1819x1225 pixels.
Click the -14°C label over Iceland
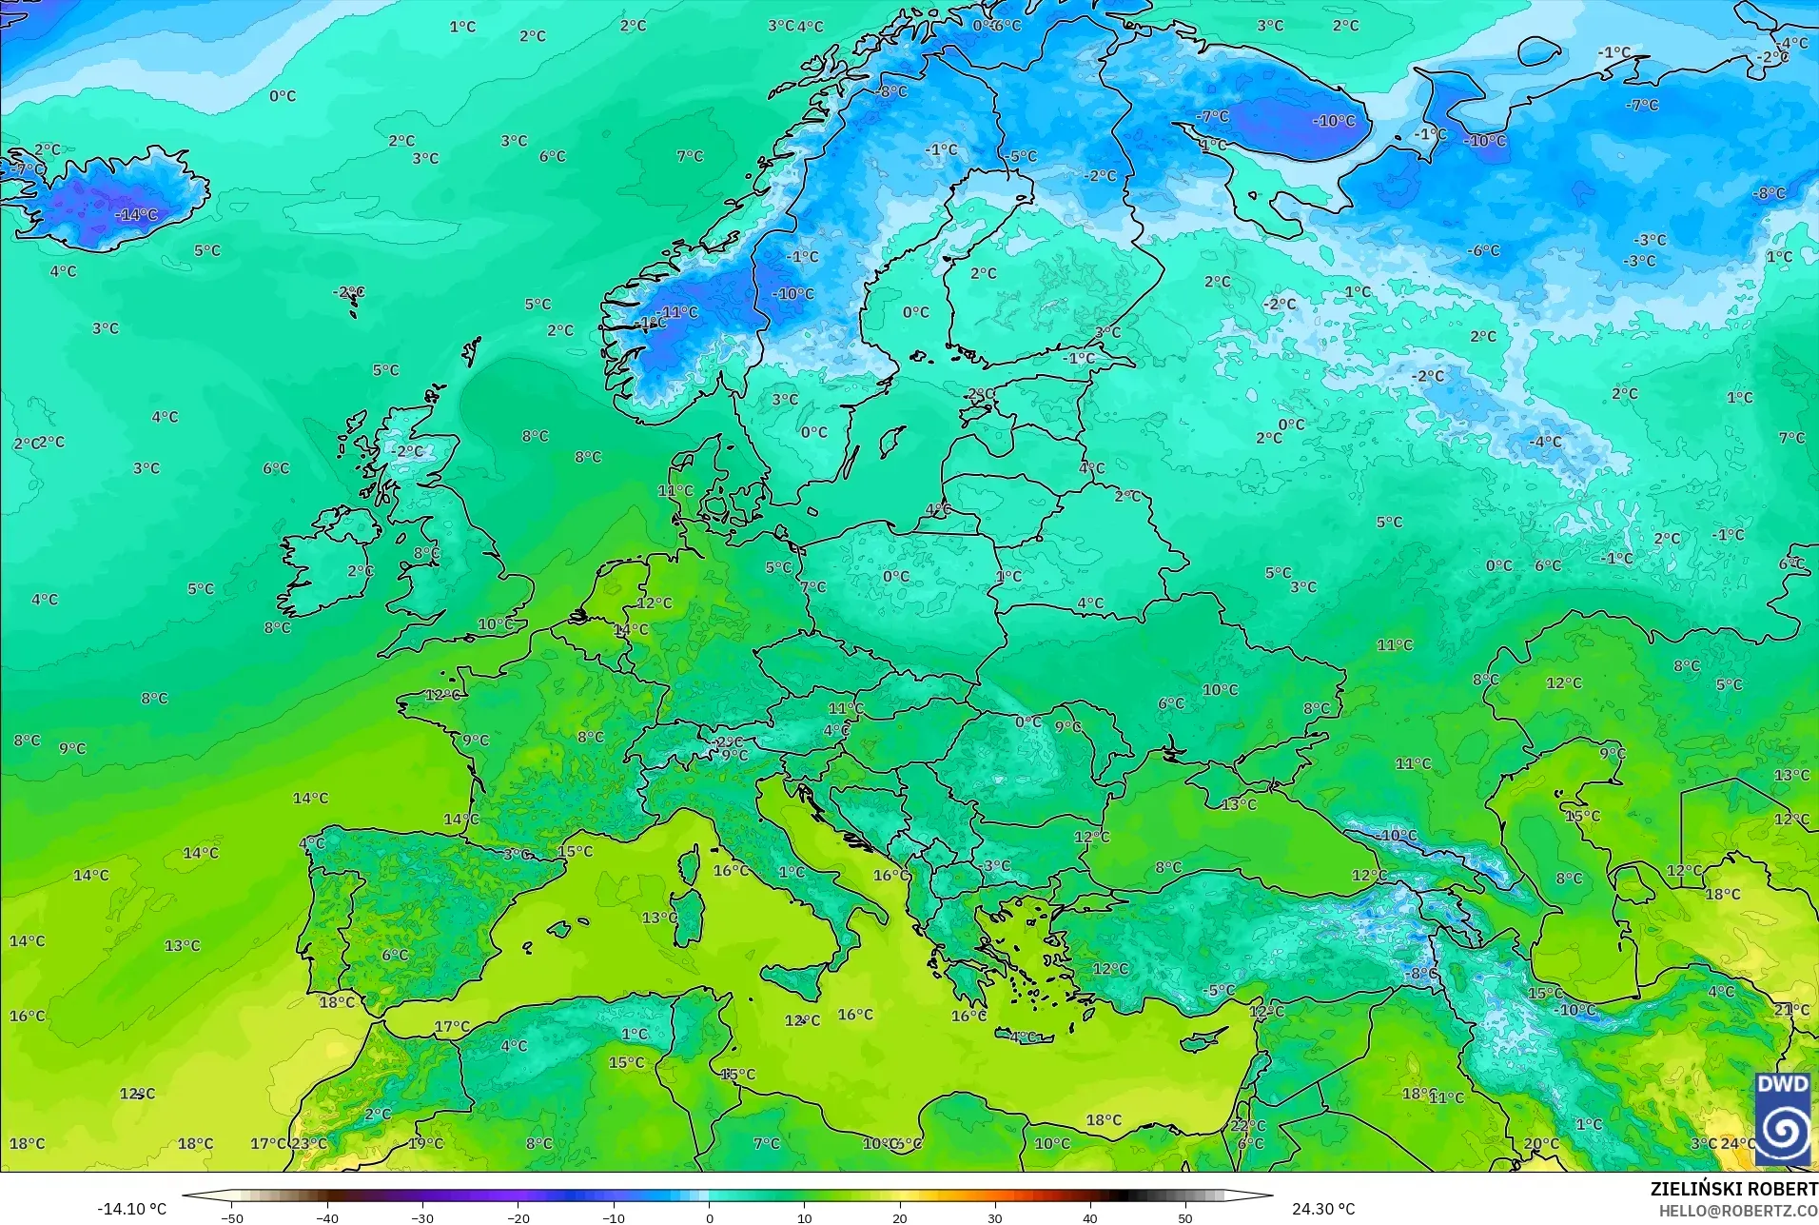(136, 215)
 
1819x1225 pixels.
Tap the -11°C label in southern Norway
(676, 312)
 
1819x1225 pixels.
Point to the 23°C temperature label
(308, 1143)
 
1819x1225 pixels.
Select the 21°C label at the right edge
(1791, 1009)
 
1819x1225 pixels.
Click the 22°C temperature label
(1248, 1125)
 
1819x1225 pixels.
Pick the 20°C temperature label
(1541, 1143)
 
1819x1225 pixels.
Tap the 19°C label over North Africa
(425, 1143)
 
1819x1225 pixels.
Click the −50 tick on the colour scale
(231, 1217)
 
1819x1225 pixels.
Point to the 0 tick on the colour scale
(709, 1217)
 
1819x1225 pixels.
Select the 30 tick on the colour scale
(995, 1217)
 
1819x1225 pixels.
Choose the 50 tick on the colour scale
(1185, 1217)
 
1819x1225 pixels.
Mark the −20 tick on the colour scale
(518, 1217)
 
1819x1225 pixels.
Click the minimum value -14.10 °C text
(131, 1209)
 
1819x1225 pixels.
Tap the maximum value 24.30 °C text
(1322, 1209)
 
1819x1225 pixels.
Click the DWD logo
(1783, 1118)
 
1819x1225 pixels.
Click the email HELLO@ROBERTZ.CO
(1738, 1211)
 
